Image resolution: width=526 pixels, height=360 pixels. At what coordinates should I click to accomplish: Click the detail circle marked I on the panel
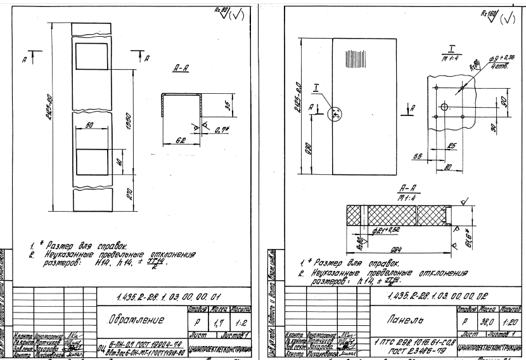335,115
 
